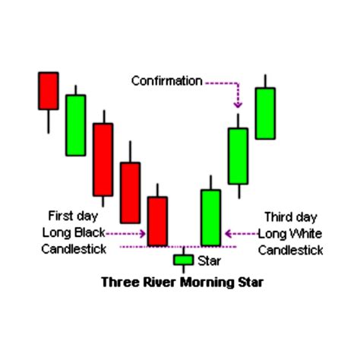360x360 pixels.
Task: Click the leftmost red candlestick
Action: pyautogui.click(x=48, y=90)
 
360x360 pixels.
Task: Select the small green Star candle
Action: pyautogui.click(x=183, y=261)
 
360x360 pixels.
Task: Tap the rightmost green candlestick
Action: pyautogui.click(x=264, y=113)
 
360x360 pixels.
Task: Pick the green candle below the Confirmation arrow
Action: pyautogui.click(x=238, y=156)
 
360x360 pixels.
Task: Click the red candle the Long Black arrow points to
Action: pyautogui.click(x=157, y=221)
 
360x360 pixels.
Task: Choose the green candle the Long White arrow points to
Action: pyautogui.click(x=210, y=217)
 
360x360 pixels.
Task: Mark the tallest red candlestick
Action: pyautogui.click(x=103, y=159)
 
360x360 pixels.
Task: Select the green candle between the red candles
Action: pyautogui.click(x=75, y=125)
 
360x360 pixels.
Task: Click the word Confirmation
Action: pyautogui.click(x=166, y=81)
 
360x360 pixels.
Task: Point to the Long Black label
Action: pyautogui.click(x=74, y=232)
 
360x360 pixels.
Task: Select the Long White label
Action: pyautogui.click(x=290, y=232)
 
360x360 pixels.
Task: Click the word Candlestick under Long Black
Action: pyautogui.click(x=74, y=249)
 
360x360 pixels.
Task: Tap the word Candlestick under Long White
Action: pyautogui.click(x=290, y=250)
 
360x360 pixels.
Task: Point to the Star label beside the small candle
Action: pyautogui.click(x=209, y=261)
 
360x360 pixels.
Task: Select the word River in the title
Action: pyautogui.click(x=156, y=283)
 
